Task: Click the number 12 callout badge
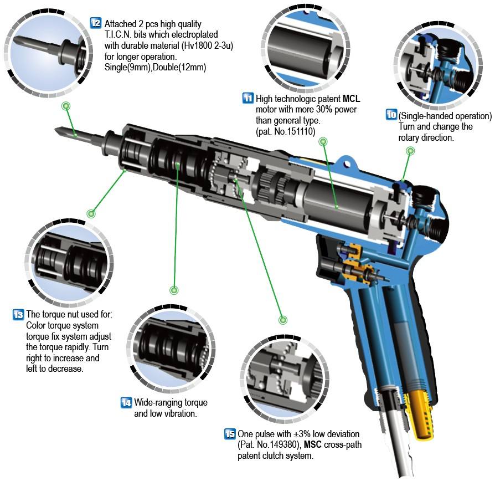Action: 95,23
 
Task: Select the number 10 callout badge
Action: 391,115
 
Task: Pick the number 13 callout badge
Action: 18,315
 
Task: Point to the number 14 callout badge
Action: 126,403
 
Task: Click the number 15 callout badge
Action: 229,434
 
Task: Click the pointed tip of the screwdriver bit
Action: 58,131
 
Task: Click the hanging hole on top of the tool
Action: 348,163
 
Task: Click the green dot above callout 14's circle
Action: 174,290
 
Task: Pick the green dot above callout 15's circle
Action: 283,320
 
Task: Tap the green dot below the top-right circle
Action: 410,151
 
